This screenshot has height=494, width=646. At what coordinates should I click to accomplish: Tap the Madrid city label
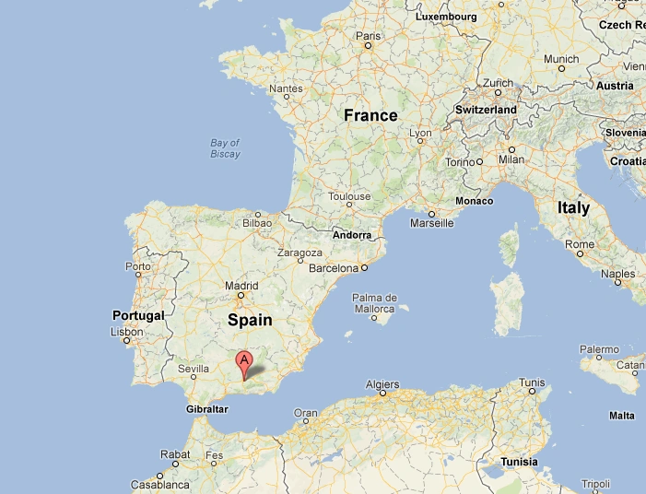241,286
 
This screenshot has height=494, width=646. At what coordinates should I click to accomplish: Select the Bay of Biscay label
225,148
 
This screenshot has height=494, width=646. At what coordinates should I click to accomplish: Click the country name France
370,115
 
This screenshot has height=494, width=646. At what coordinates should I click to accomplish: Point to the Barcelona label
332,268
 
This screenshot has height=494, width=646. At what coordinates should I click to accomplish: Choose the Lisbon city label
126,332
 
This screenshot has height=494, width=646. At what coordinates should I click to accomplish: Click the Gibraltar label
206,408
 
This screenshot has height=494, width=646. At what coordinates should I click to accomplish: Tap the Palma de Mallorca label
374,303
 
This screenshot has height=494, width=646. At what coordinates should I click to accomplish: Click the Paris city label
368,37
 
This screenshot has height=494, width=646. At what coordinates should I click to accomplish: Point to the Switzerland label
486,110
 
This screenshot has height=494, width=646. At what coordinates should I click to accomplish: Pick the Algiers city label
382,383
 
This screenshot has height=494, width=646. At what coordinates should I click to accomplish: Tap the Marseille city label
431,223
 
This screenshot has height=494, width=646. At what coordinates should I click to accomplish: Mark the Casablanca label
160,484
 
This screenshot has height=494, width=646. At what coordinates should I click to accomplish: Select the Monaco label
474,201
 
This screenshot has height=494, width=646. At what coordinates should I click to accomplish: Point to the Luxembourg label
446,17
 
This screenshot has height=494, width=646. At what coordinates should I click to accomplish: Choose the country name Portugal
137,315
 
